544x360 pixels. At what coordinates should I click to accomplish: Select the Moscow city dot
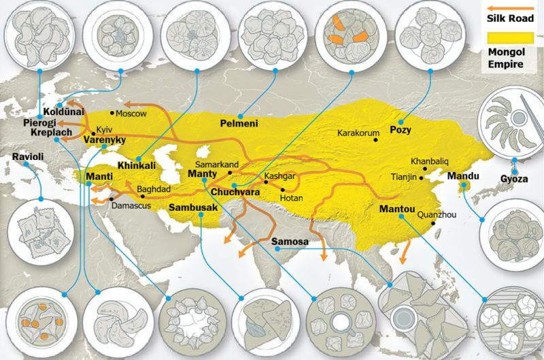tap(113, 112)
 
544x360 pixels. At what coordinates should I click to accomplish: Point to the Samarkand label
tap(216, 165)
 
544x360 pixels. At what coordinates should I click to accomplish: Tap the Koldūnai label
tap(63, 111)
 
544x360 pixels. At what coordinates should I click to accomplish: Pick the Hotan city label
tap(290, 198)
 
